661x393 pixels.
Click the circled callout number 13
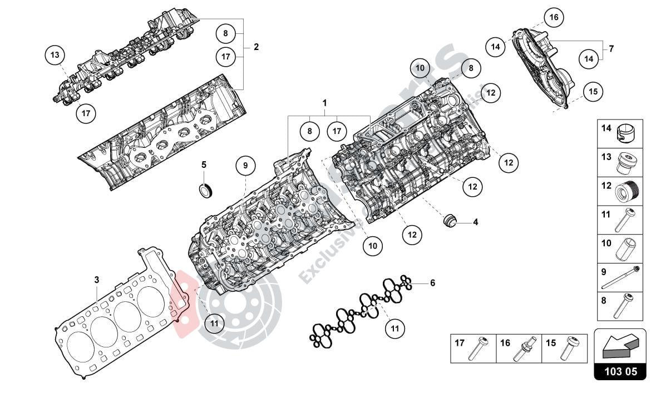coord(55,55)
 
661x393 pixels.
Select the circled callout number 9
coord(245,165)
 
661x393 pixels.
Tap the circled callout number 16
coord(554,18)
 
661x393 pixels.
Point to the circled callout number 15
coord(593,91)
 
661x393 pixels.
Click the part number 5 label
coord(204,165)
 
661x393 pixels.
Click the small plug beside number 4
coord(448,221)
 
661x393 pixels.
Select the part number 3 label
coord(96,280)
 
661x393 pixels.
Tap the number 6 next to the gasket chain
coord(432,283)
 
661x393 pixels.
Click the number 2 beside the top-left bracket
coord(256,47)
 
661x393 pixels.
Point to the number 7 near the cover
coord(611,49)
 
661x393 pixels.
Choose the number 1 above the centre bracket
coord(324,103)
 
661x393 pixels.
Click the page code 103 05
coord(620,371)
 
